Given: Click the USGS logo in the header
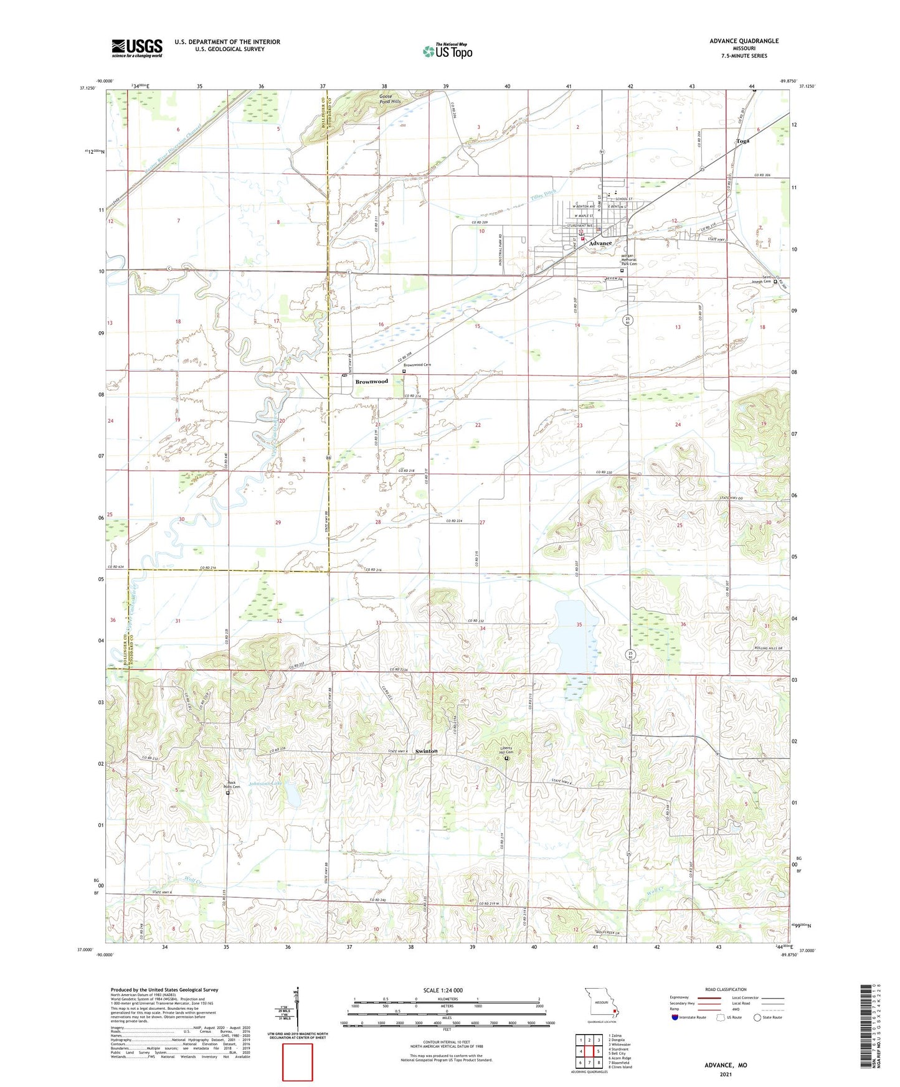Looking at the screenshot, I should (137, 48).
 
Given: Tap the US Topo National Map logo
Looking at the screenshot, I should (447, 51).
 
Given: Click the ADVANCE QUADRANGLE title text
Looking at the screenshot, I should (744, 41).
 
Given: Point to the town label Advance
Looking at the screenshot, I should (600, 243).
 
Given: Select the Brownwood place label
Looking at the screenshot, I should (371, 381).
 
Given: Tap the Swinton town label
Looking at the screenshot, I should (427, 751).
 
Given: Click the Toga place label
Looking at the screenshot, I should (742, 141).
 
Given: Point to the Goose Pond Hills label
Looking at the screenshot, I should (391, 98).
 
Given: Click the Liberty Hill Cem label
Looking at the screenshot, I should (506, 751).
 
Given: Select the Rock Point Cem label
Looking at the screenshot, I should (232, 785).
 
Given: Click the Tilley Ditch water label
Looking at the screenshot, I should (542, 194).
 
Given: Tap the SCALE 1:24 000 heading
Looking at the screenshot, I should (442, 991).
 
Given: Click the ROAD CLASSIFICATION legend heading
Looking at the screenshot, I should (726, 989).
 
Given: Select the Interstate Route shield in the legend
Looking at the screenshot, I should (676, 1018).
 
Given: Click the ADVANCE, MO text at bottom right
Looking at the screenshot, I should (726, 1065).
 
